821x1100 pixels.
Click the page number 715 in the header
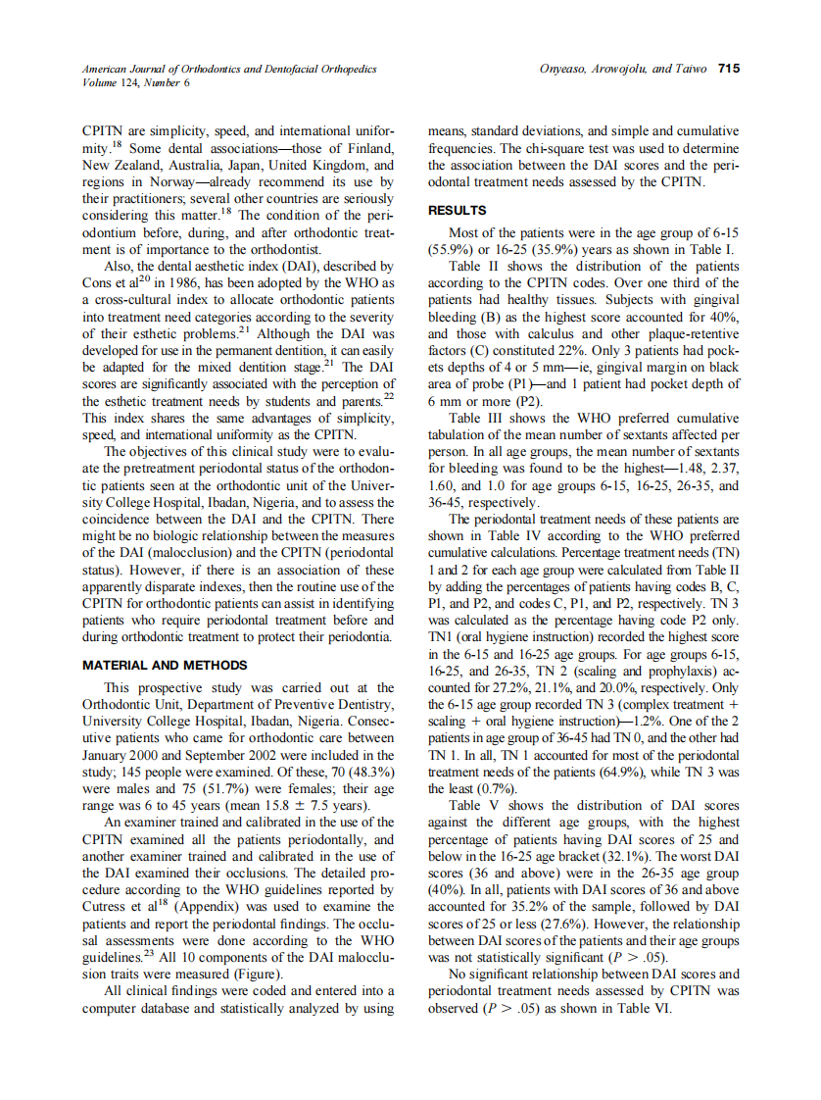(728, 69)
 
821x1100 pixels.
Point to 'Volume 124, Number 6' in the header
(136, 82)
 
